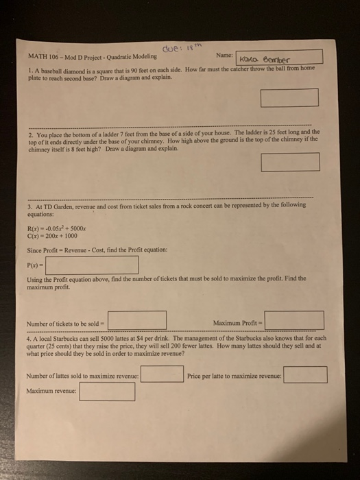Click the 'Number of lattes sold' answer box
pos(163,375)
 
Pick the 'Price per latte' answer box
pos(305,375)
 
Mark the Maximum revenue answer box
pos(107,392)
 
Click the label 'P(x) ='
pos(34,265)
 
